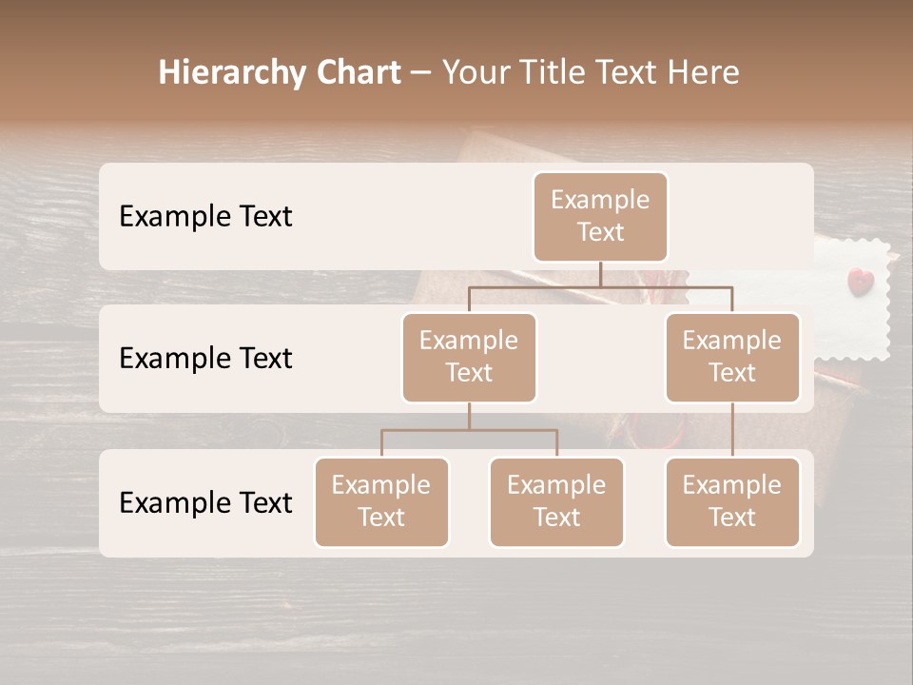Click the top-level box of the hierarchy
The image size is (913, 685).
coord(600,217)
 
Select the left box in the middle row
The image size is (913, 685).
coord(469,358)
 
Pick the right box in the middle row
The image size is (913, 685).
coord(732,358)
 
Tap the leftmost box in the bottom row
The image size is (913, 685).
coord(381,502)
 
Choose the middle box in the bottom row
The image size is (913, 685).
coord(556,502)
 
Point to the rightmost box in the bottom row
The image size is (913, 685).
coord(732,502)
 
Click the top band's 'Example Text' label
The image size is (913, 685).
coord(205,217)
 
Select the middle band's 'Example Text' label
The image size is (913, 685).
coord(205,359)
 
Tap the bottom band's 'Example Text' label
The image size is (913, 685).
coord(205,503)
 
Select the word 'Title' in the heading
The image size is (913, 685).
coord(555,72)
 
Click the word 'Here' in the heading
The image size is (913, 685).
coord(704,72)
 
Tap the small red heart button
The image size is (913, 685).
coord(860,280)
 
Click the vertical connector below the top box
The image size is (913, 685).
coord(600,274)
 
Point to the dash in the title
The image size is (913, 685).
coord(421,73)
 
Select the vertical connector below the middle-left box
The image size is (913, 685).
coord(469,416)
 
